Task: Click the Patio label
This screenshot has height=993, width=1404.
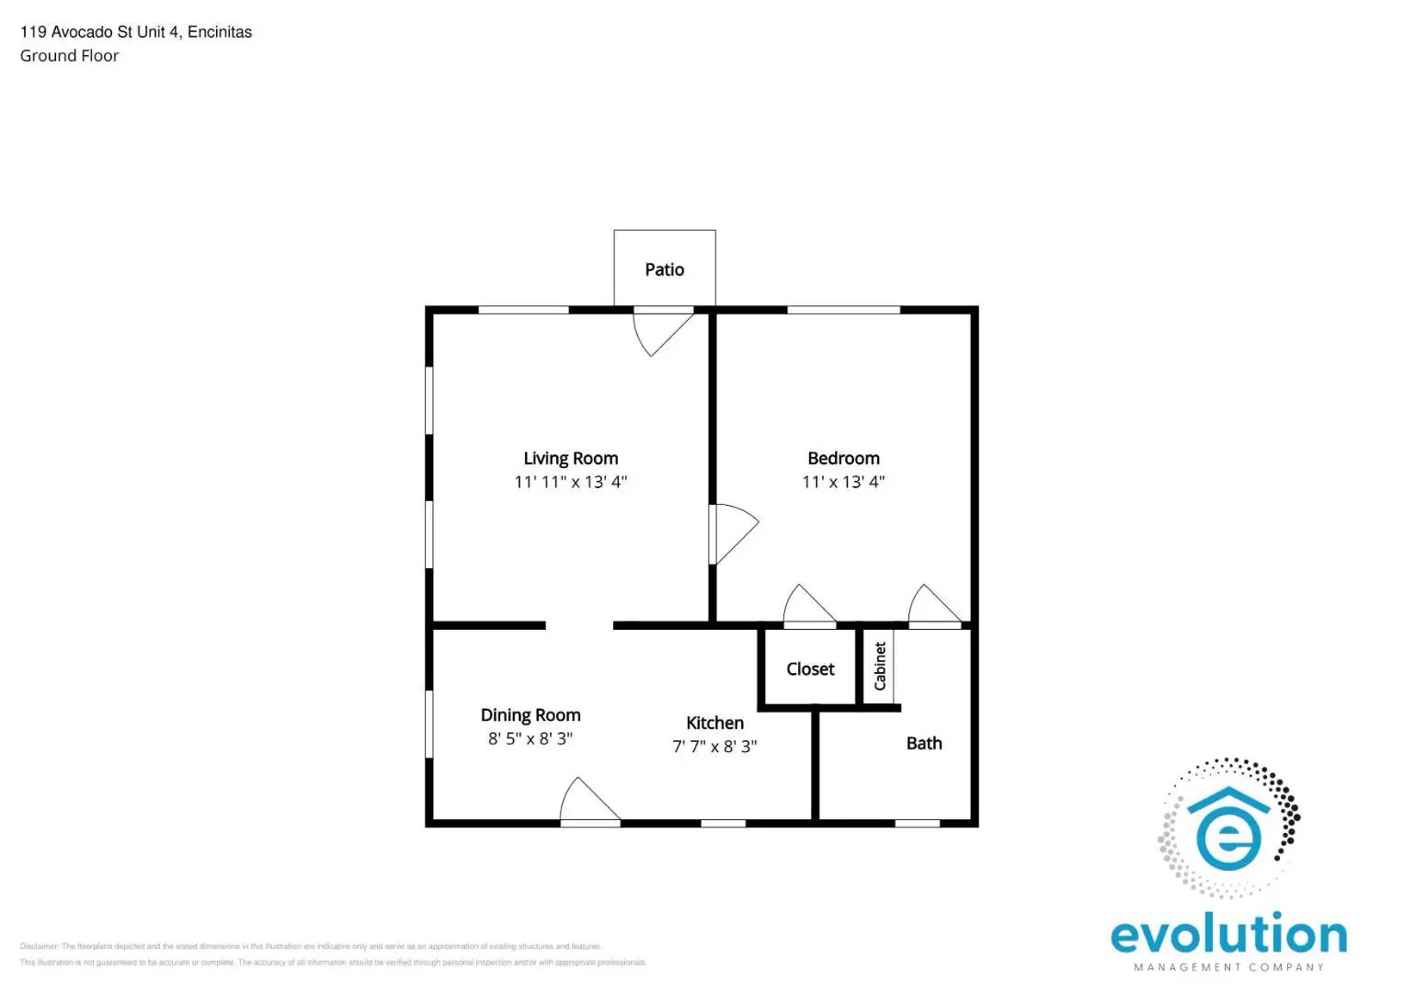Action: click(x=664, y=269)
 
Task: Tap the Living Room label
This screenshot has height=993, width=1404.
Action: click(x=570, y=458)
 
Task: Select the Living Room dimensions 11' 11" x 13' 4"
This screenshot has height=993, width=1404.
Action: click(x=570, y=482)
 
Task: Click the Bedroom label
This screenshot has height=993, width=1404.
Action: click(x=843, y=458)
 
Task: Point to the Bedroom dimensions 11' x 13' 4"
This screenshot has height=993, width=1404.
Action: click(x=843, y=482)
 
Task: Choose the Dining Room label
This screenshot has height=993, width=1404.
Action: click(x=531, y=714)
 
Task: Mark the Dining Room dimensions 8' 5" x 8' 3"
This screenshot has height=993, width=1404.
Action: click(x=531, y=738)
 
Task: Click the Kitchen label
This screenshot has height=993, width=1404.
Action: click(x=714, y=723)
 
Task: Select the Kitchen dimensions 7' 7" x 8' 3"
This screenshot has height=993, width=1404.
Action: click(x=714, y=747)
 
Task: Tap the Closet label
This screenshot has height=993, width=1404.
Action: click(x=810, y=669)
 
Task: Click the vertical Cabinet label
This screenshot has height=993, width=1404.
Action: click(x=880, y=666)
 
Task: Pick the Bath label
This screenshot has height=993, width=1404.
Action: click(x=924, y=743)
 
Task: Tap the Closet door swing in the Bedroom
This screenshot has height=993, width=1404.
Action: click(x=807, y=608)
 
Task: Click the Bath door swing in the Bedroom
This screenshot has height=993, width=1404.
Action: click(x=932, y=608)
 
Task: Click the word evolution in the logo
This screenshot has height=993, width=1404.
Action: click(x=1228, y=935)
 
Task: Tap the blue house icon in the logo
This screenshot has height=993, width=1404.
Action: click(x=1227, y=827)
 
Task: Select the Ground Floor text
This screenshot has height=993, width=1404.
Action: click(x=70, y=56)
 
